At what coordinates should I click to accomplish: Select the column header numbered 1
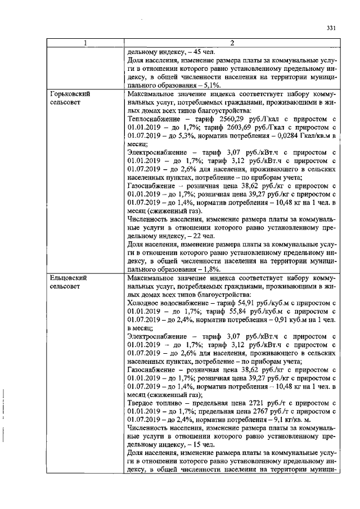tap(85, 43)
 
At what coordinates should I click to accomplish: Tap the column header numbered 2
tap(231, 43)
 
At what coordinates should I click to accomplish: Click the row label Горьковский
tap(71, 94)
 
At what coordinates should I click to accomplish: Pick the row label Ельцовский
tap(69, 278)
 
